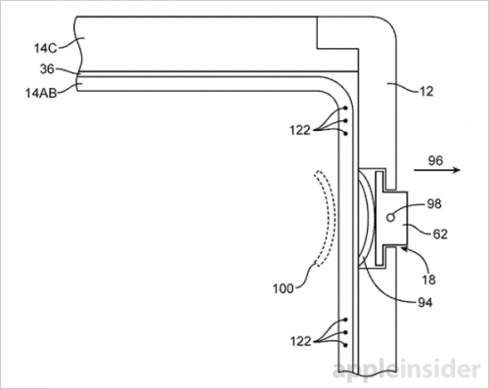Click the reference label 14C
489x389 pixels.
[x=46, y=49]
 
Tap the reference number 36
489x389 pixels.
[x=47, y=69]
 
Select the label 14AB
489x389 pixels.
[x=41, y=93]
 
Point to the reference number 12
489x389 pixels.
[x=426, y=92]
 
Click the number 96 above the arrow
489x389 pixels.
[x=435, y=160]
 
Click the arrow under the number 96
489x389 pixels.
[x=437, y=170]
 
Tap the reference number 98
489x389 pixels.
[x=434, y=204]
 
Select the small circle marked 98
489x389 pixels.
[x=390, y=217]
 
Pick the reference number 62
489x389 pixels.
[x=440, y=234]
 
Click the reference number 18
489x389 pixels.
[x=428, y=280]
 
